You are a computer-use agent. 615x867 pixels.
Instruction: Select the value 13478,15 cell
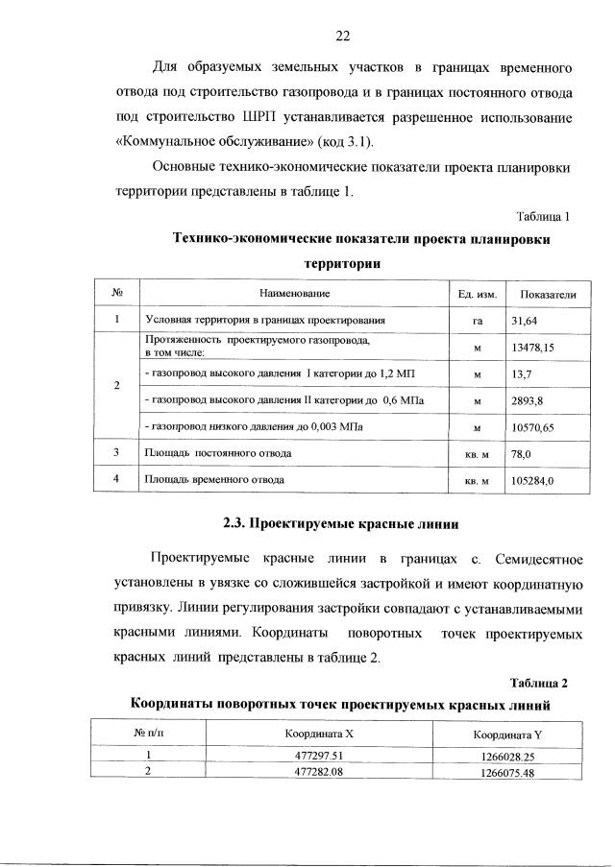pos(535,347)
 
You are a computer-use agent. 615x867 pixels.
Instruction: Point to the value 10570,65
pos(535,424)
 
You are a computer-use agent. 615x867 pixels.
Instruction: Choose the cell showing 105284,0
pos(533,477)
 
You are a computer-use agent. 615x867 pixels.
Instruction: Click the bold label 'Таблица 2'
pos(539,683)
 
